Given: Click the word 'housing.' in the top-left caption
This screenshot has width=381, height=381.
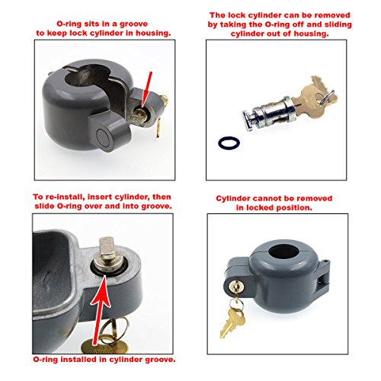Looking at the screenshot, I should tap(149, 32).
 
